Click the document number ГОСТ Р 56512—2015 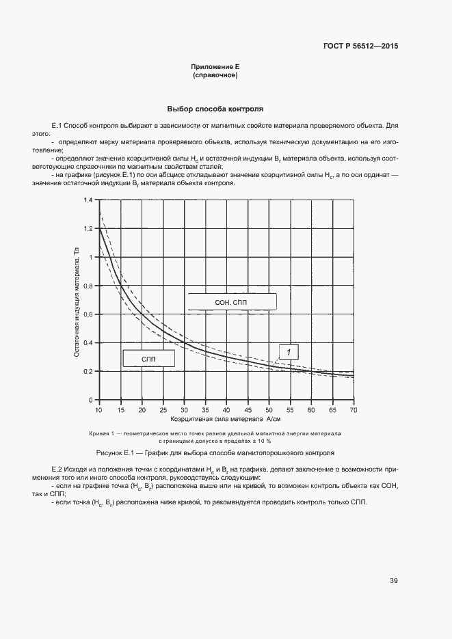pos(360,46)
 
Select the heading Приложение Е pos(215,67)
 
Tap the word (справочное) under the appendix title pos(215,75)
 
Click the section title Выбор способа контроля pos(215,109)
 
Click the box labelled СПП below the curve pos(149,358)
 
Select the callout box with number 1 pos(289,352)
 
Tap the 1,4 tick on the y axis pos(88,200)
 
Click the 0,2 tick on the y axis pos(88,371)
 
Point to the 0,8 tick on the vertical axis pos(88,286)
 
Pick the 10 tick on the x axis pos(99,409)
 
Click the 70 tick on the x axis pos(354,409)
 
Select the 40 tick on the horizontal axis pos(226,409)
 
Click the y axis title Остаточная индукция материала pos(77,301)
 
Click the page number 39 pos(394,581)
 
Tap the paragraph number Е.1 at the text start pos(57,126)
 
